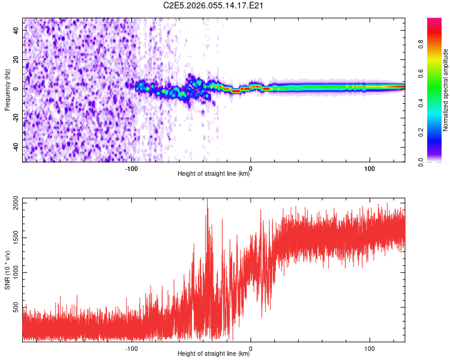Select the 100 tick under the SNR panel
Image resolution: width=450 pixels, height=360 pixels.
tap(370, 347)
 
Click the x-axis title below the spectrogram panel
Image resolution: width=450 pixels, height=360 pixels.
tap(214, 174)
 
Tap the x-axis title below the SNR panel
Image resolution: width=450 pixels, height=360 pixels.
tap(214, 354)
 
